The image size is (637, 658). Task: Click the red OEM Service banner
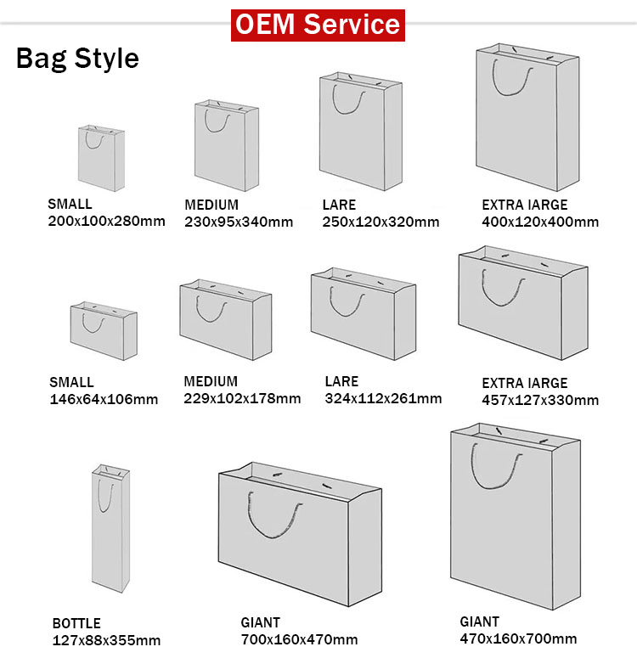(x=318, y=24)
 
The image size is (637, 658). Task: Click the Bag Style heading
(x=77, y=59)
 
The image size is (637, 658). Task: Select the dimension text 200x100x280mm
(x=106, y=222)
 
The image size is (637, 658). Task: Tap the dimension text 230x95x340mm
(x=239, y=222)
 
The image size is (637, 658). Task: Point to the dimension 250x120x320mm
(x=381, y=222)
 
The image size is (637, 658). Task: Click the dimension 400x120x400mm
(x=540, y=222)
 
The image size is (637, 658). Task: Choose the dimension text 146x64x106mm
(x=104, y=399)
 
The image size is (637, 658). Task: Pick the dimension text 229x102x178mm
(x=242, y=398)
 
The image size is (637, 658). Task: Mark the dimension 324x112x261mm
(x=383, y=398)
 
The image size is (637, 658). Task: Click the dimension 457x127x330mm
(x=540, y=400)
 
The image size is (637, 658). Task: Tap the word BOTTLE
(x=76, y=623)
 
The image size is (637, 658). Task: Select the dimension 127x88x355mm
(x=106, y=640)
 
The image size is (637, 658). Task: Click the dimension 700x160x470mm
(x=299, y=639)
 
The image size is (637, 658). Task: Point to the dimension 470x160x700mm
(x=518, y=638)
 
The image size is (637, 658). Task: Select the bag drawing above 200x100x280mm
(x=101, y=158)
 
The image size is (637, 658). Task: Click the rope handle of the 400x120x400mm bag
(x=516, y=81)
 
